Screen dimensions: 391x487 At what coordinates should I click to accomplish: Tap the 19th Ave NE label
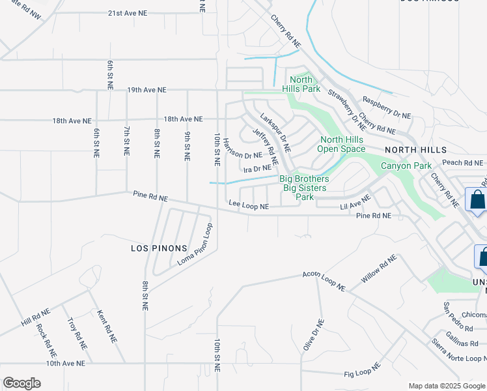[147, 90]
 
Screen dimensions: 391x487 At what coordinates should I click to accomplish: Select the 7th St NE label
[126, 141]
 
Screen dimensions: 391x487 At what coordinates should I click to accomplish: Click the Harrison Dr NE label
[242, 155]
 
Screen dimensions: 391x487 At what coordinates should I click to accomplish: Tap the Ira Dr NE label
[257, 169]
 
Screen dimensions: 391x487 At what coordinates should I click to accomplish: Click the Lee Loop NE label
[249, 205]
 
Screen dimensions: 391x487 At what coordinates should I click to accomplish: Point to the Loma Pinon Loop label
[195, 246]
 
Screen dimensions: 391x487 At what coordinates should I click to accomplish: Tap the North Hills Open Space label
[342, 144]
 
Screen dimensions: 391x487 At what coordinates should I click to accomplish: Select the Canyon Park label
[406, 166]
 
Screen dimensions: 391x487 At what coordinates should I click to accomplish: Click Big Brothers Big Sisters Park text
[304, 188]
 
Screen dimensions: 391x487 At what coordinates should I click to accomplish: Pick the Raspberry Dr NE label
[387, 108]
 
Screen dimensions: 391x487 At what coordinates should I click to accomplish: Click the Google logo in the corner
[21, 383]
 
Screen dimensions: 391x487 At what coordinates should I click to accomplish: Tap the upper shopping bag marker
[477, 200]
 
